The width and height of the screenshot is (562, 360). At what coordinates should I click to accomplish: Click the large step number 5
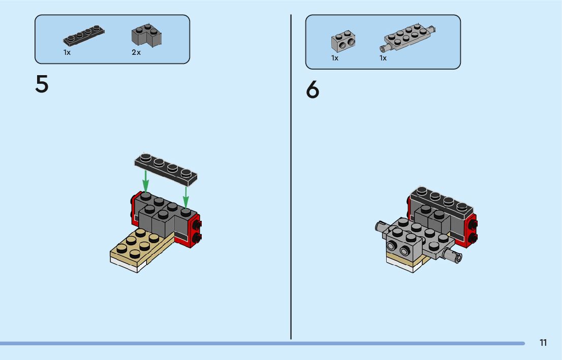click(x=42, y=84)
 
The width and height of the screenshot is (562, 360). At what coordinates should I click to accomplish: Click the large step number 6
click(x=313, y=90)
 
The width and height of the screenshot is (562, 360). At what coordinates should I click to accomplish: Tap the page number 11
click(x=543, y=343)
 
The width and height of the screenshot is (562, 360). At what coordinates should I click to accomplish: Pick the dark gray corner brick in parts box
click(x=146, y=36)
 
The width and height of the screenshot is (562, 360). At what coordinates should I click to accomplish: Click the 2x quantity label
click(x=136, y=53)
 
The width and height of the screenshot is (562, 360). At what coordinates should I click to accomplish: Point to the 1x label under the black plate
click(x=67, y=53)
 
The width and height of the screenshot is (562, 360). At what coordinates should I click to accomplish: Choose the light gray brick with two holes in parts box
click(x=343, y=42)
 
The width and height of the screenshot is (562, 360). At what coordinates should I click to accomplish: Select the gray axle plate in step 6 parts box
click(x=410, y=37)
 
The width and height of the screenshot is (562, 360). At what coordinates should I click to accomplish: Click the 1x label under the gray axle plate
click(x=383, y=58)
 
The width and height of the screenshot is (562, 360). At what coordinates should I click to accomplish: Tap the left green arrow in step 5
click(x=145, y=181)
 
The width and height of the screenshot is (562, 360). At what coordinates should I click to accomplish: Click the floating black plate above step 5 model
click(x=166, y=168)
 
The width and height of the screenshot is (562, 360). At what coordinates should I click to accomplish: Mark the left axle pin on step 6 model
click(x=381, y=227)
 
